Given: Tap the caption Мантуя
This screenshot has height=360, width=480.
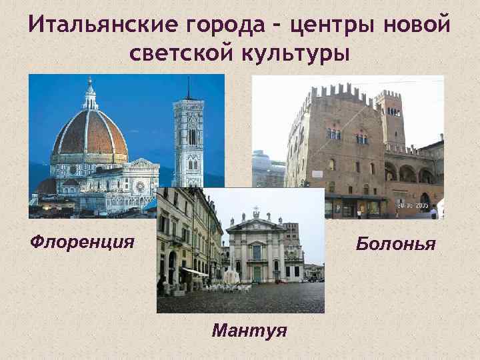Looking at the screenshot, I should pyautogui.click(x=249, y=330).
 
